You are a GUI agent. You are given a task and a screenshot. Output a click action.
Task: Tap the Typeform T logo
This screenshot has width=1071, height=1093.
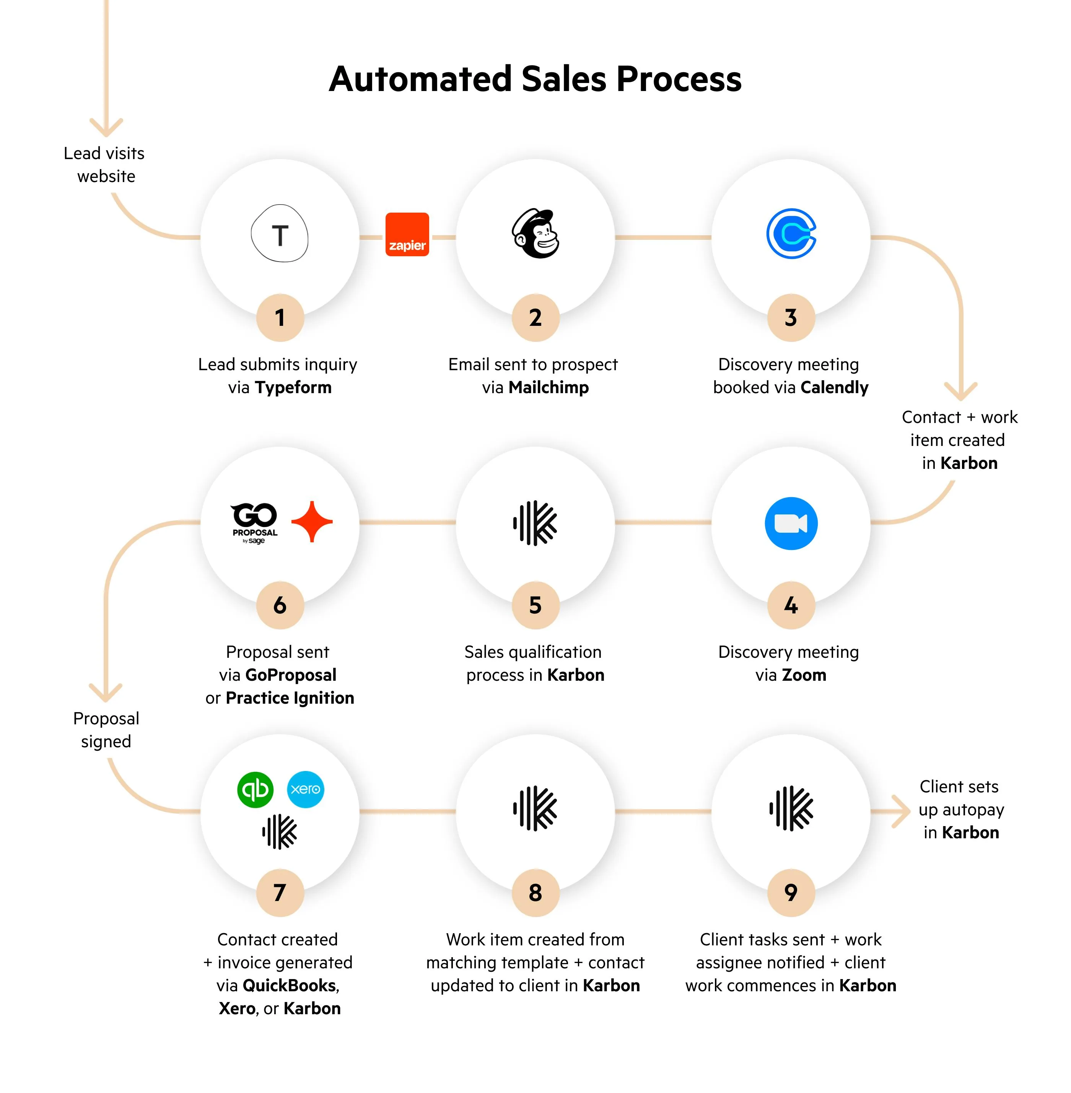280,233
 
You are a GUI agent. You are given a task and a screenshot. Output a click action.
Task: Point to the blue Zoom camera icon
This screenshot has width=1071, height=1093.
791,523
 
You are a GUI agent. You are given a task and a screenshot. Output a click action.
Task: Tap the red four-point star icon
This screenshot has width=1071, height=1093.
312,522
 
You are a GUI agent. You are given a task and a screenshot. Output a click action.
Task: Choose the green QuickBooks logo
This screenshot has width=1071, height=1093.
256,790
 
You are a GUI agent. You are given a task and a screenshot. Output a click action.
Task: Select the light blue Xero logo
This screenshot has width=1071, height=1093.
306,789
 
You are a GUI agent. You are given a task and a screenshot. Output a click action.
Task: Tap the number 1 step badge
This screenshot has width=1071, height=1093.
280,318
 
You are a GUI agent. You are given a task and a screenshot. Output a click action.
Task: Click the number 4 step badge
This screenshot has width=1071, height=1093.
791,605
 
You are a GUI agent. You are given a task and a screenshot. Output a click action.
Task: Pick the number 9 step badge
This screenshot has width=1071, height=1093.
791,893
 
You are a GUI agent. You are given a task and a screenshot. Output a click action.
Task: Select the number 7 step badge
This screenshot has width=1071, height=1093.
280,893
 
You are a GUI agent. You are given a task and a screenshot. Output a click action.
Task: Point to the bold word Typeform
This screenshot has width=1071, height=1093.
293,387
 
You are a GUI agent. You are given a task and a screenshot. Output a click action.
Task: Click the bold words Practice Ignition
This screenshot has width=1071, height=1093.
290,698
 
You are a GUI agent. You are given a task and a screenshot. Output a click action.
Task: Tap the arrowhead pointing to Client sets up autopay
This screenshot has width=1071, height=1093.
902,811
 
